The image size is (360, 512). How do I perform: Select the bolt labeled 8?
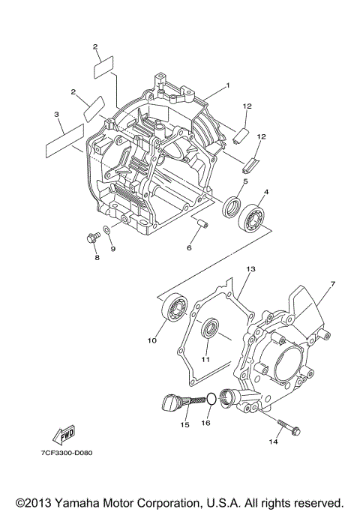pos(93,239)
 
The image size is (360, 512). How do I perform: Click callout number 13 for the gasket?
pos(251,268)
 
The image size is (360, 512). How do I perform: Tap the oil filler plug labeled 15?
pos(174,404)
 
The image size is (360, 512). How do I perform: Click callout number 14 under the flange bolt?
pos(273,443)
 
